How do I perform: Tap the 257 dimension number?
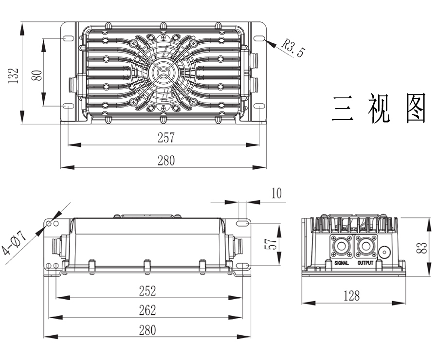[166, 138]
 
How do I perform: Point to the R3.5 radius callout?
[292, 48]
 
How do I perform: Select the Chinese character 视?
[379, 108]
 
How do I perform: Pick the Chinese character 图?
[415, 108]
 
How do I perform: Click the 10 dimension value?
[276, 194]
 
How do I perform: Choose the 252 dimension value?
[147, 290]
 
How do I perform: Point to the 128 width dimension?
[351, 295]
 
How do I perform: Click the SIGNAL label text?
[342, 263]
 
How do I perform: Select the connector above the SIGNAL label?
[342, 247]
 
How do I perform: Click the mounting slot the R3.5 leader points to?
[260, 38]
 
